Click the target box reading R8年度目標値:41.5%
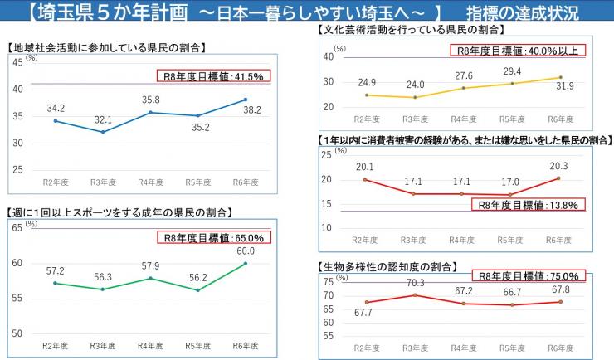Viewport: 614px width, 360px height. point(214,76)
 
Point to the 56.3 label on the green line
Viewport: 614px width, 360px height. point(103,277)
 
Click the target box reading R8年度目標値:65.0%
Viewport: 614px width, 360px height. point(214,237)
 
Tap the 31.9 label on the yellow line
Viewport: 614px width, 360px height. point(564,86)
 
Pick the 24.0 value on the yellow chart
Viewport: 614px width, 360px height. point(415,85)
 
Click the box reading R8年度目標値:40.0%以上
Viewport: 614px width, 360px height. point(519,50)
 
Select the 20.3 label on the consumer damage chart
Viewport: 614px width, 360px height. point(558,165)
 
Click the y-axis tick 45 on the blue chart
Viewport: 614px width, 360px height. point(17,61)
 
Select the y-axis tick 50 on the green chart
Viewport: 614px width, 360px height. point(17,333)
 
